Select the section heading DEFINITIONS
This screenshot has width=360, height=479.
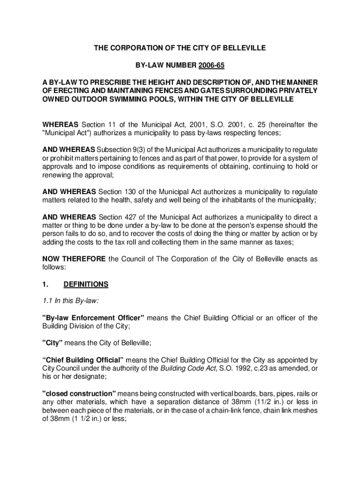tap(89, 284)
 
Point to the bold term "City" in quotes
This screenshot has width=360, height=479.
tap(52, 343)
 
